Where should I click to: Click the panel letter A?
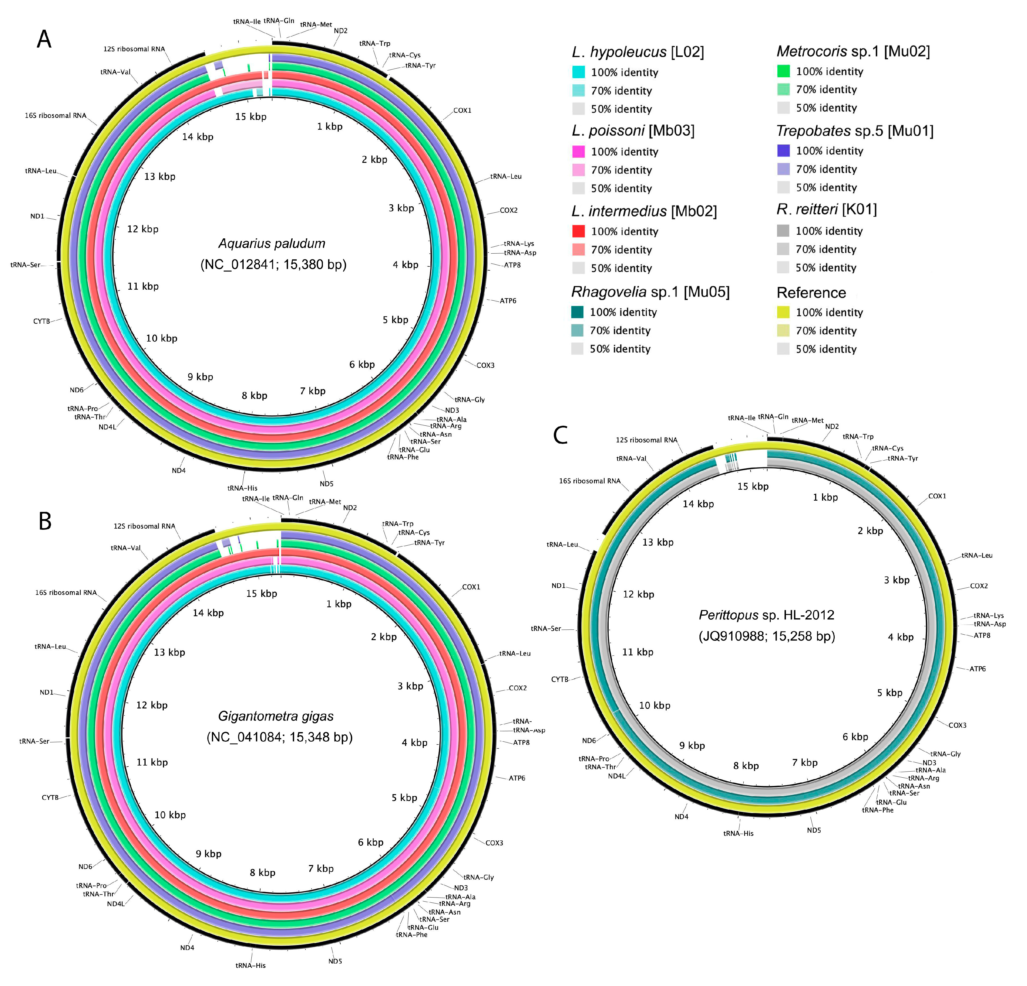click(44, 39)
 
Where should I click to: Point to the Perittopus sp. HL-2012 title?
click(767, 615)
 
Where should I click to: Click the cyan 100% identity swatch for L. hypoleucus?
click(578, 72)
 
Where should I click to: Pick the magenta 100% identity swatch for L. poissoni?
click(578, 151)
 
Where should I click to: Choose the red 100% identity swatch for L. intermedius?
click(578, 231)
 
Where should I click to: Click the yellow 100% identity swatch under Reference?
click(783, 312)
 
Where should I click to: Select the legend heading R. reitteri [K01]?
click(826, 210)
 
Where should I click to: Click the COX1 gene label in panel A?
click(462, 111)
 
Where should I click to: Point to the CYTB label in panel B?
click(50, 798)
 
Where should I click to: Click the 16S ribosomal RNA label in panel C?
click(590, 481)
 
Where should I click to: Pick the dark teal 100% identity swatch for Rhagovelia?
click(578, 312)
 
